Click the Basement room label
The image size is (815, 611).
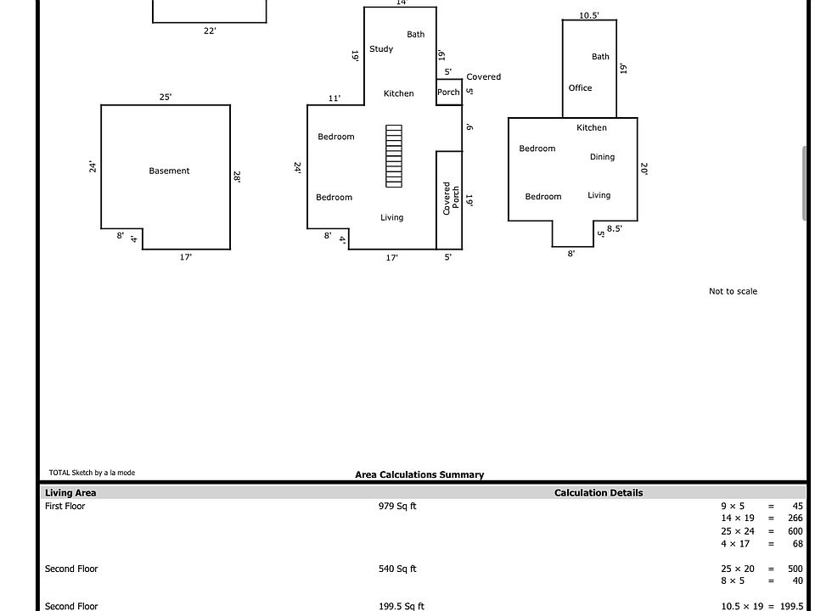click(169, 171)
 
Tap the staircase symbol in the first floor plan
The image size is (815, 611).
click(394, 156)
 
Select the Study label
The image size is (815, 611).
click(381, 49)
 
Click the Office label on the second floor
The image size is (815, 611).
click(580, 87)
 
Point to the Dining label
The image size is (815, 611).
click(602, 157)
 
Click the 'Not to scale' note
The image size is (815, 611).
click(733, 291)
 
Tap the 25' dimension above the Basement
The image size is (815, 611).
click(166, 97)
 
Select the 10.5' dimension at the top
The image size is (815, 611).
click(589, 15)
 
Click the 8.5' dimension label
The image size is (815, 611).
click(615, 228)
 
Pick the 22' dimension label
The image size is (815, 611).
click(210, 31)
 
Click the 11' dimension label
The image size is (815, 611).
click(334, 98)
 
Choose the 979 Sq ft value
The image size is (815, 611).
click(397, 506)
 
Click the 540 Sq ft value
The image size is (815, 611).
click(397, 569)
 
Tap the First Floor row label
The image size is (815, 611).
click(65, 506)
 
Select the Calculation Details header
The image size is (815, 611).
click(599, 493)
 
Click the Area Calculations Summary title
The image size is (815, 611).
click(419, 475)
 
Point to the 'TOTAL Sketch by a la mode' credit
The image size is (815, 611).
click(92, 473)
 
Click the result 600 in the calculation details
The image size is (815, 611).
click(795, 531)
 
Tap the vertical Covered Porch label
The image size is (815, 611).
click(451, 198)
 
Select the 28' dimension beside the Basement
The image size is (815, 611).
click(237, 177)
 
